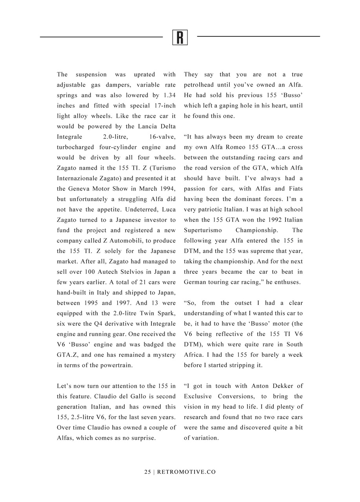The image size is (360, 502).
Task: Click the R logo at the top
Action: (x=180, y=37)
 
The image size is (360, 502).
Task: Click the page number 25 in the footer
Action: (x=147, y=472)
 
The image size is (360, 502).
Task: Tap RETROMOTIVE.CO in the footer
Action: (x=186, y=472)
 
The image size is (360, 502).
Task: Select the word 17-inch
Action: (x=164, y=105)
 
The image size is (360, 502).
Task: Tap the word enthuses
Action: (x=288, y=282)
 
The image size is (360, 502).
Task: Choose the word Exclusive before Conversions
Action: (x=198, y=397)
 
